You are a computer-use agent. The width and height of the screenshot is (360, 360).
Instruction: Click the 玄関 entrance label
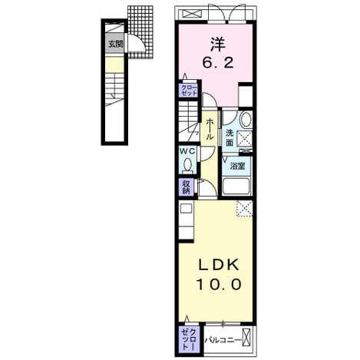(x=116, y=44)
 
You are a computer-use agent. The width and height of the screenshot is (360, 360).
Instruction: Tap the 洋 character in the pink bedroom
(x=218, y=44)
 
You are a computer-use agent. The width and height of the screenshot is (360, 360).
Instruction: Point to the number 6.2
(x=218, y=63)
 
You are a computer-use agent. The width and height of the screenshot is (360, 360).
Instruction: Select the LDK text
(x=219, y=265)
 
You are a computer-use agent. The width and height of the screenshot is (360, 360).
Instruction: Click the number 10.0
(x=219, y=284)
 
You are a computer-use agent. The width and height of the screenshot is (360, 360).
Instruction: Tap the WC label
(x=187, y=151)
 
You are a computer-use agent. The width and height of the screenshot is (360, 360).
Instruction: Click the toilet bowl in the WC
(x=187, y=165)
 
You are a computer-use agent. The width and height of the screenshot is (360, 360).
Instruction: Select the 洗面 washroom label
(x=230, y=138)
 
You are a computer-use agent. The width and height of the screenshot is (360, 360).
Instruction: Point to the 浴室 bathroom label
(x=237, y=167)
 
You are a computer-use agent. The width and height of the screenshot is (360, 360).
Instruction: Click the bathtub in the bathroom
(x=237, y=187)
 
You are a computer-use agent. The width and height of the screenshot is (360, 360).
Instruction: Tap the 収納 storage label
(x=186, y=187)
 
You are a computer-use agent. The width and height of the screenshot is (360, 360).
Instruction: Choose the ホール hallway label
(x=210, y=129)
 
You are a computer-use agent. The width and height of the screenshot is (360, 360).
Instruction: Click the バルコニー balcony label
(x=223, y=340)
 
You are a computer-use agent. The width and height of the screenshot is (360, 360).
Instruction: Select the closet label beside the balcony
(x=190, y=339)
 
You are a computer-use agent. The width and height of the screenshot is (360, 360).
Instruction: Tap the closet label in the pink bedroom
(x=190, y=90)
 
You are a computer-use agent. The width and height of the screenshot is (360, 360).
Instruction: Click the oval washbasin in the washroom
(x=246, y=119)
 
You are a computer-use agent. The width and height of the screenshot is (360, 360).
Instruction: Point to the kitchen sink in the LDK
(x=187, y=208)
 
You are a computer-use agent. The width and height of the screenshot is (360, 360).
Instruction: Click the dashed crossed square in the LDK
(x=245, y=209)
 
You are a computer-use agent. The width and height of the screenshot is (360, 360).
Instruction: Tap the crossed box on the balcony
(x=246, y=338)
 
